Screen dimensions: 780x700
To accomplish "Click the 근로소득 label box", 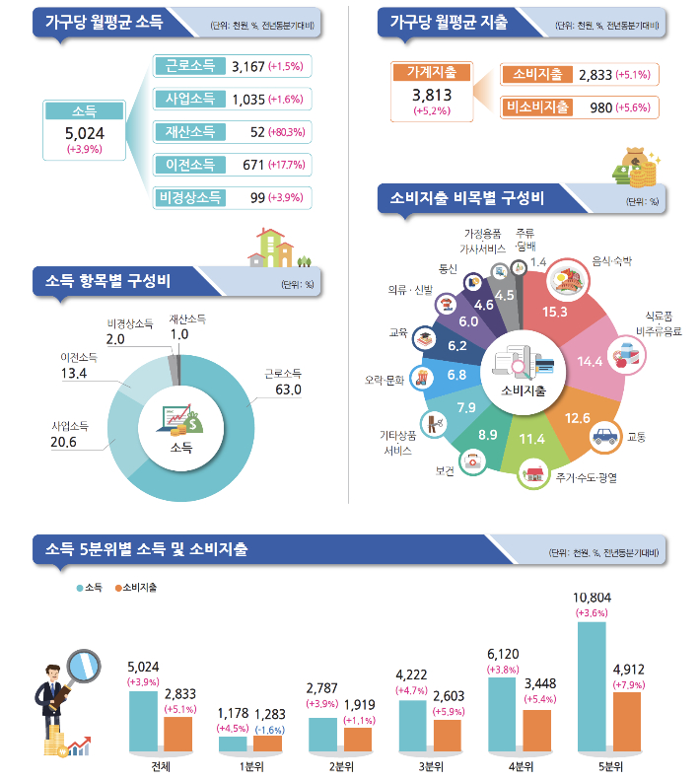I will (x=190, y=67).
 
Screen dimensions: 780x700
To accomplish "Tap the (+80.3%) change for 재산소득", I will (x=286, y=132).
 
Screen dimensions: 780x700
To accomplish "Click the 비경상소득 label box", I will (x=190, y=197).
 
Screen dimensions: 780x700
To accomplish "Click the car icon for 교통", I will (x=601, y=435).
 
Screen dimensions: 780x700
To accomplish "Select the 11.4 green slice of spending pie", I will (x=531, y=438).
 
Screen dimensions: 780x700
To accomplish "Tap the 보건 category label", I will (x=444, y=471).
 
